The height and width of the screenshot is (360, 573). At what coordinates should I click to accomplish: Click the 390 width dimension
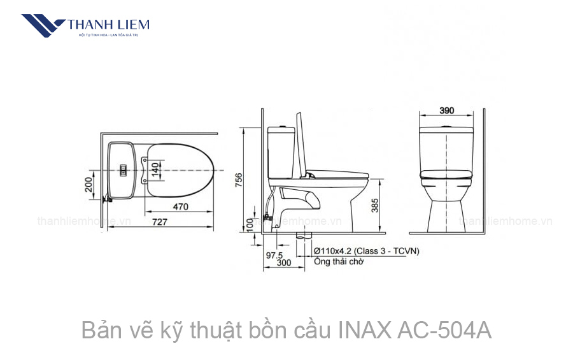coord(447,110)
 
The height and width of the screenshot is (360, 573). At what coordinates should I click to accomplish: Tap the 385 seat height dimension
coord(375,205)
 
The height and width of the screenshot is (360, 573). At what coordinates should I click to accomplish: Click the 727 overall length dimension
coord(159,222)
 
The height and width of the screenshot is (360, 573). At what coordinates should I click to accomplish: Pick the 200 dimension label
coord(89,185)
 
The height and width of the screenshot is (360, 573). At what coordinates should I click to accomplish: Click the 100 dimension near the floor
coord(249,225)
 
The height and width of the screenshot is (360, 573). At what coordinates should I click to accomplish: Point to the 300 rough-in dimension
coord(284,263)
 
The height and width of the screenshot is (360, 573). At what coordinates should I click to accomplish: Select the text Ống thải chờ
coord(338,262)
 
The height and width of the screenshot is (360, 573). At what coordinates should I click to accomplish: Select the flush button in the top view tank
coord(124,170)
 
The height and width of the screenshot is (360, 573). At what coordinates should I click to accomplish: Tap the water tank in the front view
coord(446,140)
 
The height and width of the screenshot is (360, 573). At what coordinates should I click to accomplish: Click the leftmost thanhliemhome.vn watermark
coord(84,222)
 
